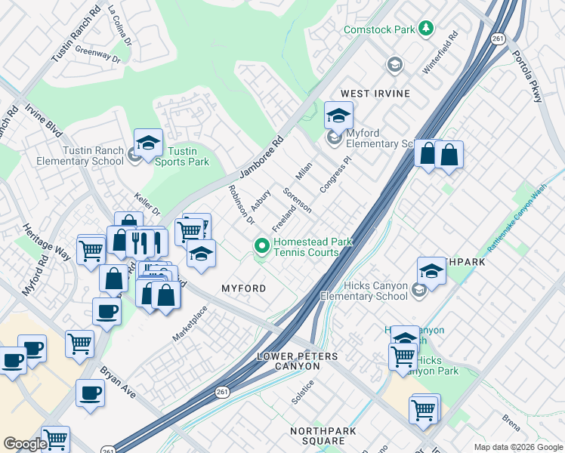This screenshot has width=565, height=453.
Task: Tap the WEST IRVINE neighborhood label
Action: pos(375,94)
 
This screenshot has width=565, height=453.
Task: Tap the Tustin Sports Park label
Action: pos(181,156)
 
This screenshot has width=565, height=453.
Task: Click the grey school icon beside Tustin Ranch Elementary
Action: pos(134,156)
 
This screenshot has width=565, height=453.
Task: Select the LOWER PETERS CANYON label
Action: pos(289,361)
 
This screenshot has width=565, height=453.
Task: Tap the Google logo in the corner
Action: pos(25,444)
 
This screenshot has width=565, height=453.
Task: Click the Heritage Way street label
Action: pos(46,242)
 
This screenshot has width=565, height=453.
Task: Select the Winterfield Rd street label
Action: pos(440,52)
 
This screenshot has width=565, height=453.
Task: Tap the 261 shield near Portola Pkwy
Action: pos(497,39)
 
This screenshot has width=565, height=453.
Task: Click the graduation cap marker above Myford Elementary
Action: pos(339,116)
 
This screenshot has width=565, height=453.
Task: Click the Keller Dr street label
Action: pos(147,204)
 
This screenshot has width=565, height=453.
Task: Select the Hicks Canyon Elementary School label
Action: pos(364,291)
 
